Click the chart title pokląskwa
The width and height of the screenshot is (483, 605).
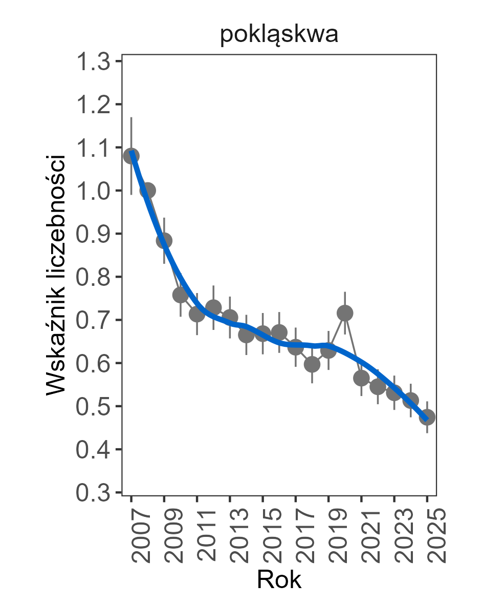click(279, 36)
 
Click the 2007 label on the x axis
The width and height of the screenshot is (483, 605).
click(139, 536)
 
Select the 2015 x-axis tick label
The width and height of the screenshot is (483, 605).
click(271, 536)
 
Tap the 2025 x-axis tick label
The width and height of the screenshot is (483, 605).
click(435, 536)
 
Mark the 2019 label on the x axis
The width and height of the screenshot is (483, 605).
click(337, 536)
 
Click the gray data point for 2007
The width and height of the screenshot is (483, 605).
click(131, 156)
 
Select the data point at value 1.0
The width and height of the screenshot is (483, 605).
click(148, 191)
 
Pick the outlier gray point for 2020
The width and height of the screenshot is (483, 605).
click(345, 312)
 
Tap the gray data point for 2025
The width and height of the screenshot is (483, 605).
click(427, 417)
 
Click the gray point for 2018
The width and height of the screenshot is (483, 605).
click(312, 364)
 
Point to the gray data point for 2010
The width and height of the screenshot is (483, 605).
click(181, 295)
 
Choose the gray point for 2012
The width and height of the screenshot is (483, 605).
click(213, 307)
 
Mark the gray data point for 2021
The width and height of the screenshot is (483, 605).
click(361, 379)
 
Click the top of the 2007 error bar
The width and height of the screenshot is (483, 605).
click(131, 118)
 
